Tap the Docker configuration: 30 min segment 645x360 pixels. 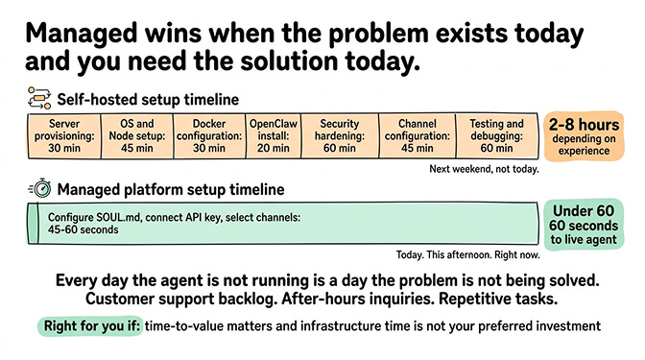click(208, 136)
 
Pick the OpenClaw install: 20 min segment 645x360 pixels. click(273, 136)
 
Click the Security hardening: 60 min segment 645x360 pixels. click(339, 136)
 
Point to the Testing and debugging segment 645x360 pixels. click(496, 136)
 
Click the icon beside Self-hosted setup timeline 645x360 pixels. click(39, 98)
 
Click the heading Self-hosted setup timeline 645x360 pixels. click(148, 99)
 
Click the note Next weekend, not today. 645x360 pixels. click(484, 169)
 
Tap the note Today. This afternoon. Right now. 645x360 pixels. click(467, 255)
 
